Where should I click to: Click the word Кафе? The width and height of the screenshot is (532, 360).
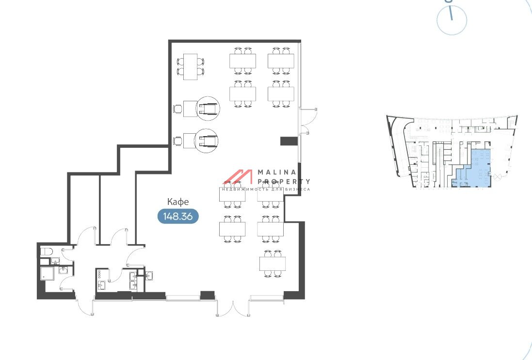click(x=178, y=202)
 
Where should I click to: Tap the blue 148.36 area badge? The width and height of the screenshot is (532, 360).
click(x=178, y=216)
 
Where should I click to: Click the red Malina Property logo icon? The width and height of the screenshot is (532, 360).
click(x=238, y=177)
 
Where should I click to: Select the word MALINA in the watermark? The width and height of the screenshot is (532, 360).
click(x=277, y=172)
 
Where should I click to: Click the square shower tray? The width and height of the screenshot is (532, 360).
click(x=47, y=273)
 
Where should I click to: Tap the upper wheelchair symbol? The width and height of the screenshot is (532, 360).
click(x=208, y=109)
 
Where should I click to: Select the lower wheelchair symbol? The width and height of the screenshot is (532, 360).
click(x=206, y=141)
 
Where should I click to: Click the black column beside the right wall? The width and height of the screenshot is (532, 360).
click(x=289, y=141)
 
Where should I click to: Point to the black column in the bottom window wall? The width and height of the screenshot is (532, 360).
click(x=207, y=295)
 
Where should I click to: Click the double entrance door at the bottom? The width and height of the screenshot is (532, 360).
click(x=233, y=307)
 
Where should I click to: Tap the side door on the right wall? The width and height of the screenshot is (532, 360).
click(x=308, y=121)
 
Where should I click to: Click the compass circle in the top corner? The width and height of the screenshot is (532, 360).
click(x=451, y=20)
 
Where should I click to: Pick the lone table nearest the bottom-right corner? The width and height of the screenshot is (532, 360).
click(x=273, y=264)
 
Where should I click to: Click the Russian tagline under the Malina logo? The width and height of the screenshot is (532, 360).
click(x=266, y=189)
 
